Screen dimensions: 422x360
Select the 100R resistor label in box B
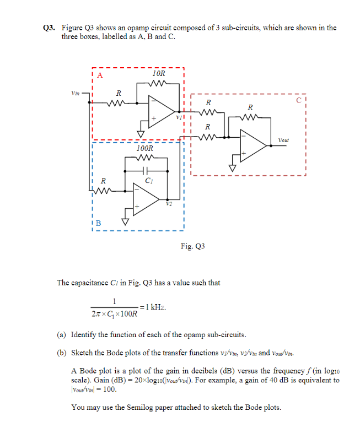144,149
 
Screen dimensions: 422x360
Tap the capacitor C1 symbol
146,171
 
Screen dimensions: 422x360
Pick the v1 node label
178,117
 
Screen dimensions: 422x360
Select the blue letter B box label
99,223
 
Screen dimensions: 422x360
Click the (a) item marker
62,334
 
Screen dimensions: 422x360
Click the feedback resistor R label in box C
250,107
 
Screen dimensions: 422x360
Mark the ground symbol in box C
232,167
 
